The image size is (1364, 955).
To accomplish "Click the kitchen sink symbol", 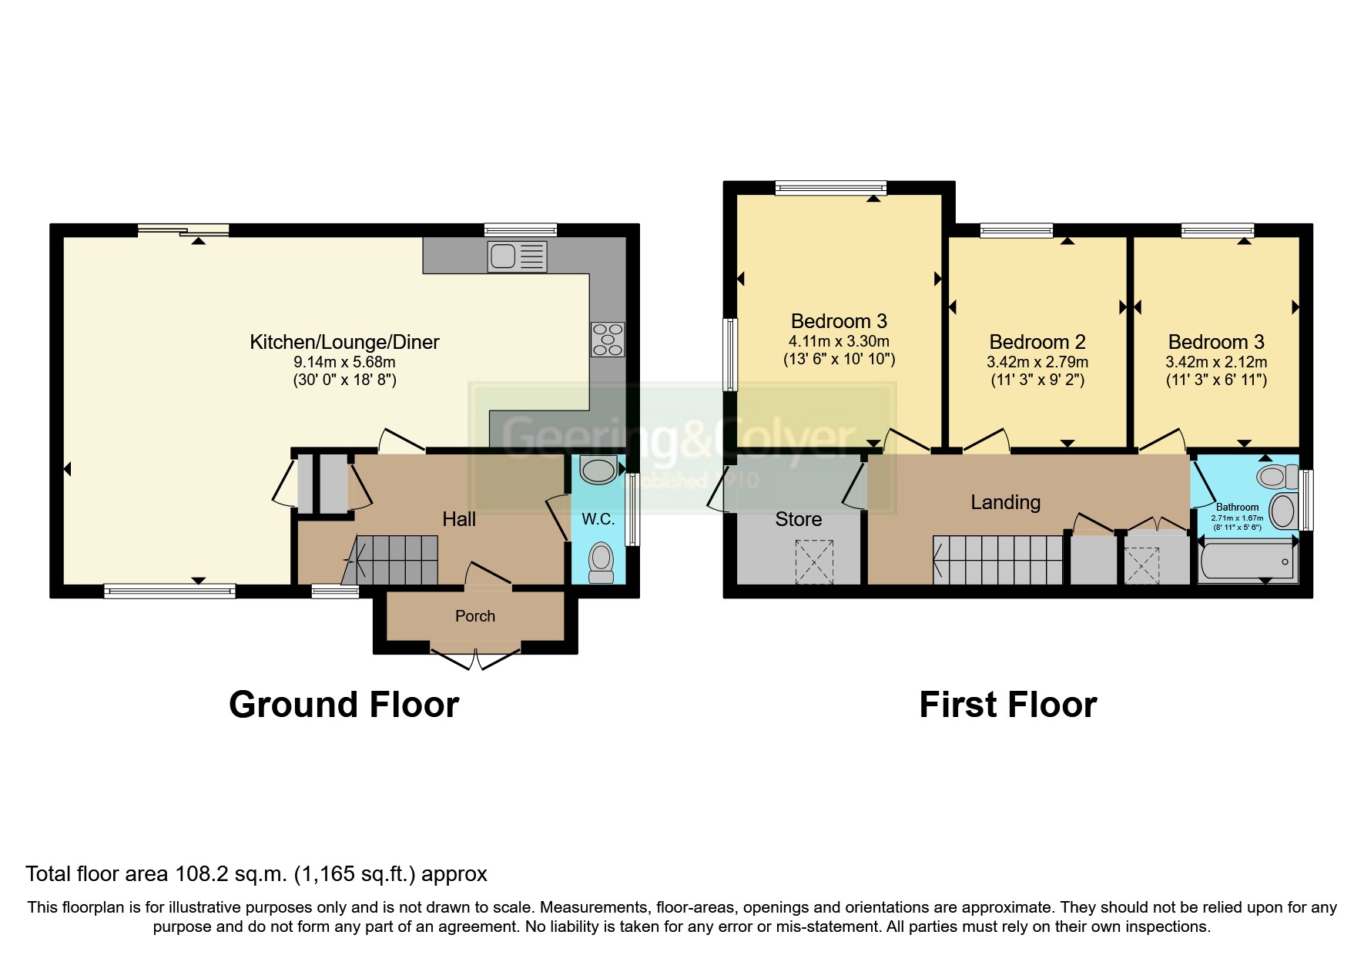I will (x=517, y=256).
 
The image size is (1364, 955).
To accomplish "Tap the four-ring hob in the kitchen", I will (x=608, y=339).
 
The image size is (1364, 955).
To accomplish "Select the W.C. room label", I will (x=598, y=519).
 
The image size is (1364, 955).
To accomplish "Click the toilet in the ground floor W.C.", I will (x=600, y=562).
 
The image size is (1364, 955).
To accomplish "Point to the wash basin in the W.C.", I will (x=598, y=469).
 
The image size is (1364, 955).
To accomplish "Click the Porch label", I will (x=474, y=616).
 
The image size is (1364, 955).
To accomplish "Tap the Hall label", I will (x=459, y=519).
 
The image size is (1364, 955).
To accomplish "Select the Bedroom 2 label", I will (x=1037, y=342).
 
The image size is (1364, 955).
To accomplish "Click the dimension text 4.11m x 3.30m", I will (x=839, y=341).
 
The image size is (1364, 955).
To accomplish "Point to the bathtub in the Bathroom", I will (x=1246, y=561).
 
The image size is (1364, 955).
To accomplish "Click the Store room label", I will (x=798, y=519).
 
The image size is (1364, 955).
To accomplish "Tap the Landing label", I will (x=1005, y=502).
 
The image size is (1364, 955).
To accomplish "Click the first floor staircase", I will (x=998, y=560).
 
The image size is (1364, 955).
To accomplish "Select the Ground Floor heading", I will (x=344, y=705).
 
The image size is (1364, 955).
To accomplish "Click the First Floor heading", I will (x=1007, y=705).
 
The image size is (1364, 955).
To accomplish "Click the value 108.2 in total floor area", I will (x=203, y=874).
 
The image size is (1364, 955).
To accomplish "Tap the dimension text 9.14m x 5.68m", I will (x=344, y=362).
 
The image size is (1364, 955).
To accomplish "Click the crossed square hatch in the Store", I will (x=814, y=561).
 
